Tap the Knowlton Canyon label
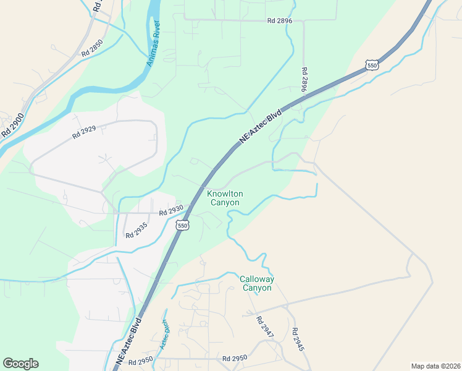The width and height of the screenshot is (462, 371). point(225,198)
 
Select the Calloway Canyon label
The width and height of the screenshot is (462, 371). point(256,283)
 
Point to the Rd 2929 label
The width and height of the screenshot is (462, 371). point(84,132)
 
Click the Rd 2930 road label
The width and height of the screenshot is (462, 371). point(171,211)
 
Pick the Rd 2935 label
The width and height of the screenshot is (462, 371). point(138,231)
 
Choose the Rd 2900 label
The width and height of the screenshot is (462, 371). point(12,125)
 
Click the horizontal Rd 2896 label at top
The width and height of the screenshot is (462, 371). point(279,20)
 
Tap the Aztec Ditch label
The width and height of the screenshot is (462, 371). point(163,335)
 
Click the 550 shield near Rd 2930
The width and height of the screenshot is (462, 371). point(182,226)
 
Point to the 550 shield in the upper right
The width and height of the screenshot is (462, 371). point(371,65)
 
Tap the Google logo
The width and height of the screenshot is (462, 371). point(20,364)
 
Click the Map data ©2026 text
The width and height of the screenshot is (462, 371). point(435,366)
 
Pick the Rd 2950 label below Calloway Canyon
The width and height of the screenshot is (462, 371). point(234,358)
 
